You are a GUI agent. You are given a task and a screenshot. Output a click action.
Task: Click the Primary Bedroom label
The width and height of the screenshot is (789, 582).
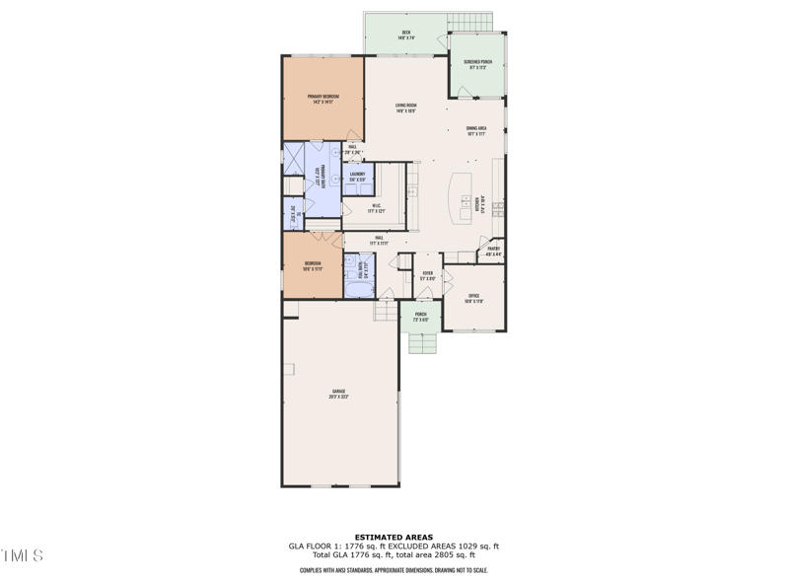[x=323, y=99]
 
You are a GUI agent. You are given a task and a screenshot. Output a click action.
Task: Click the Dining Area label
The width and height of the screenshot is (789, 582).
[x=476, y=131]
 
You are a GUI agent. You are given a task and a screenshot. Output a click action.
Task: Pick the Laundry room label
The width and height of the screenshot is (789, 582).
[x=357, y=177]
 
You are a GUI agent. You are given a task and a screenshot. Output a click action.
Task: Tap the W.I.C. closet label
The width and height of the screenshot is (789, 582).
[x=374, y=208]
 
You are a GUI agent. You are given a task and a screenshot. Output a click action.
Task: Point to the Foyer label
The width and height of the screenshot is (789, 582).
[x=427, y=276]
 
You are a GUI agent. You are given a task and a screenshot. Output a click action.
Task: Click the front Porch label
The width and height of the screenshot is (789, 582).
[x=420, y=317]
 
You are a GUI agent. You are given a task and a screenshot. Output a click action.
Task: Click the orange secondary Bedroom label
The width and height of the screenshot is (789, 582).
[x=313, y=265]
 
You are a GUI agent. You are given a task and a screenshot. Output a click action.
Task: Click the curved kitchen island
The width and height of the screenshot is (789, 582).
[x=462, y=198]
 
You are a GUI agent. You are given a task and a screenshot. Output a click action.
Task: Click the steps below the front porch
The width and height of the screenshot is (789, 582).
[x=421, y=343]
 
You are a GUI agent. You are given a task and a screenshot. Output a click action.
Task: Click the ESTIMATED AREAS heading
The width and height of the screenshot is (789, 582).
[x=394, y=538]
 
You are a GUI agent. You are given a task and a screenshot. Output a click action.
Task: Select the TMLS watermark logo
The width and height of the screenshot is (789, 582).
[x=22, y=556]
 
